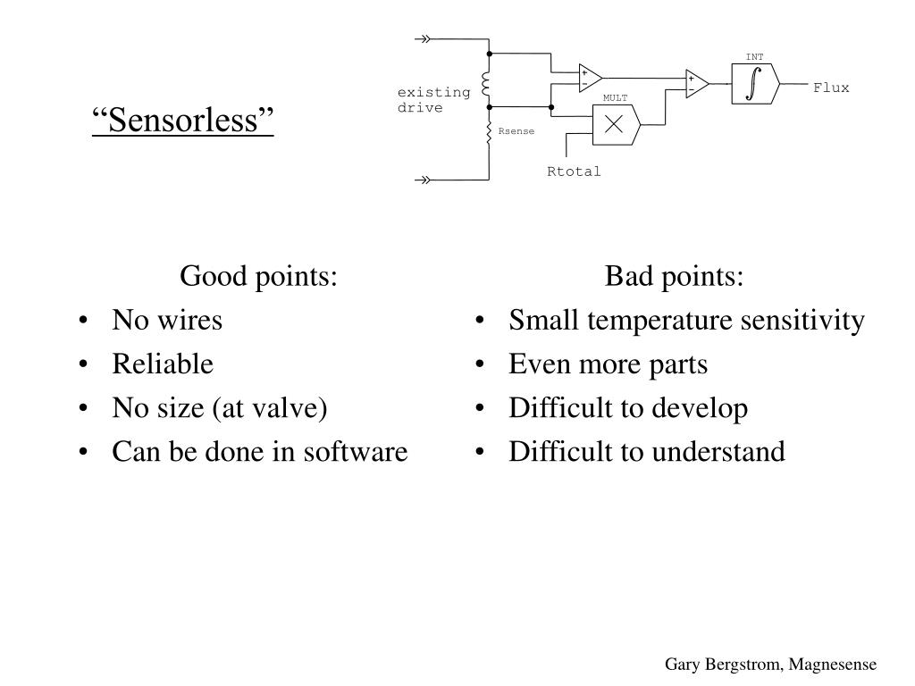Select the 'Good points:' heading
pos(258,276)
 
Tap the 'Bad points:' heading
pos(674,276)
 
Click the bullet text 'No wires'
pos(167,320)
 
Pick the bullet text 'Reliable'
pos(163,364)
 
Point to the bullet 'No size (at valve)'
pos(220,407)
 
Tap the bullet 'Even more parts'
pos(608,364)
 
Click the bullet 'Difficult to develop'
pos(628,407)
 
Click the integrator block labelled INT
pos(755,84)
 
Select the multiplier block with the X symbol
pos(614,125)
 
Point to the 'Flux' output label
pos(831,88)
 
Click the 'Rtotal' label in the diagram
pos(574,171)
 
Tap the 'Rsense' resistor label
pos(516,131)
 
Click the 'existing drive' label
pos(433,100)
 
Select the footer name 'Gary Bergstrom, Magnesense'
pos(770,665)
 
